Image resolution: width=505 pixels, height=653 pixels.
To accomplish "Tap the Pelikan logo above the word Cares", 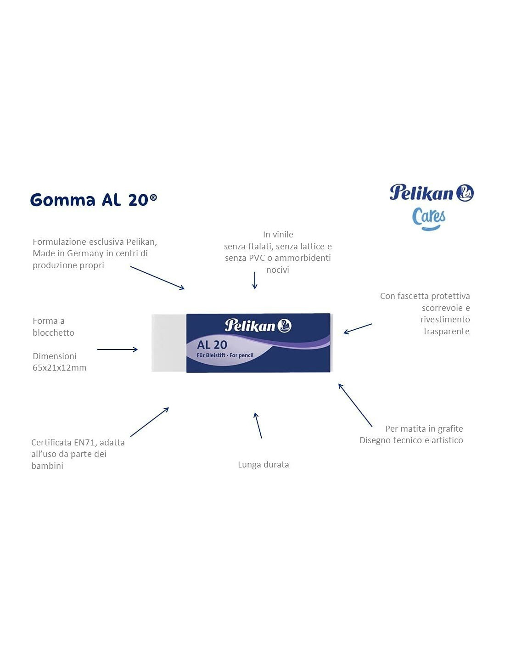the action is point(432,192).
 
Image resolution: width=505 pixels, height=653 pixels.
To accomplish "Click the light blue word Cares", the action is point(429,219).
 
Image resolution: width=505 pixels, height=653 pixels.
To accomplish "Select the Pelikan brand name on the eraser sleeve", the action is point(258,326).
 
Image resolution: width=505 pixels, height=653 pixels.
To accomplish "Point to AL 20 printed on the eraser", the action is point(212,345).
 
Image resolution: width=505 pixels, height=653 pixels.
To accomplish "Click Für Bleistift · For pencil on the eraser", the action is point(225,355).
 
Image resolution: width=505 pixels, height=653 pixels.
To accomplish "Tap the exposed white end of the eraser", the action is point(169,343).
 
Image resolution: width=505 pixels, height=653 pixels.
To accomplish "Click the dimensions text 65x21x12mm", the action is point(60,367).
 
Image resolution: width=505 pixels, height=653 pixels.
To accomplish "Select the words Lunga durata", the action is point(263,465).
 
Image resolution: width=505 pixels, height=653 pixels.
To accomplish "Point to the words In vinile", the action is point(278,234).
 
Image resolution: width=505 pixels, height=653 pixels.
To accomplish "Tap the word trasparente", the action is point(446,331).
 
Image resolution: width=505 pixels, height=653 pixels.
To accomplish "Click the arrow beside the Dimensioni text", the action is point(118,349).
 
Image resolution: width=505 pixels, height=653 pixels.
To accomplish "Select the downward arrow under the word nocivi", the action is point(255,281).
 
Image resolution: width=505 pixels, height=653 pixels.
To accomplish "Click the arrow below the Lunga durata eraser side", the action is point(258,426).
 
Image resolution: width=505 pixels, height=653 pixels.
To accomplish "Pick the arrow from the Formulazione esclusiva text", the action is point(157,278).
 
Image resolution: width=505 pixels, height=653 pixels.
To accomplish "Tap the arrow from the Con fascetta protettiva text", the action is point(358,328).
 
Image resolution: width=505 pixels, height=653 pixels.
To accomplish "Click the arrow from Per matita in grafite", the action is point(355,405).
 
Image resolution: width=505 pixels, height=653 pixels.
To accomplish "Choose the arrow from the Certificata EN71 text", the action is point(150,422).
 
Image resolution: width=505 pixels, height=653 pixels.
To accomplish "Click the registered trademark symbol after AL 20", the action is point(153,197).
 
